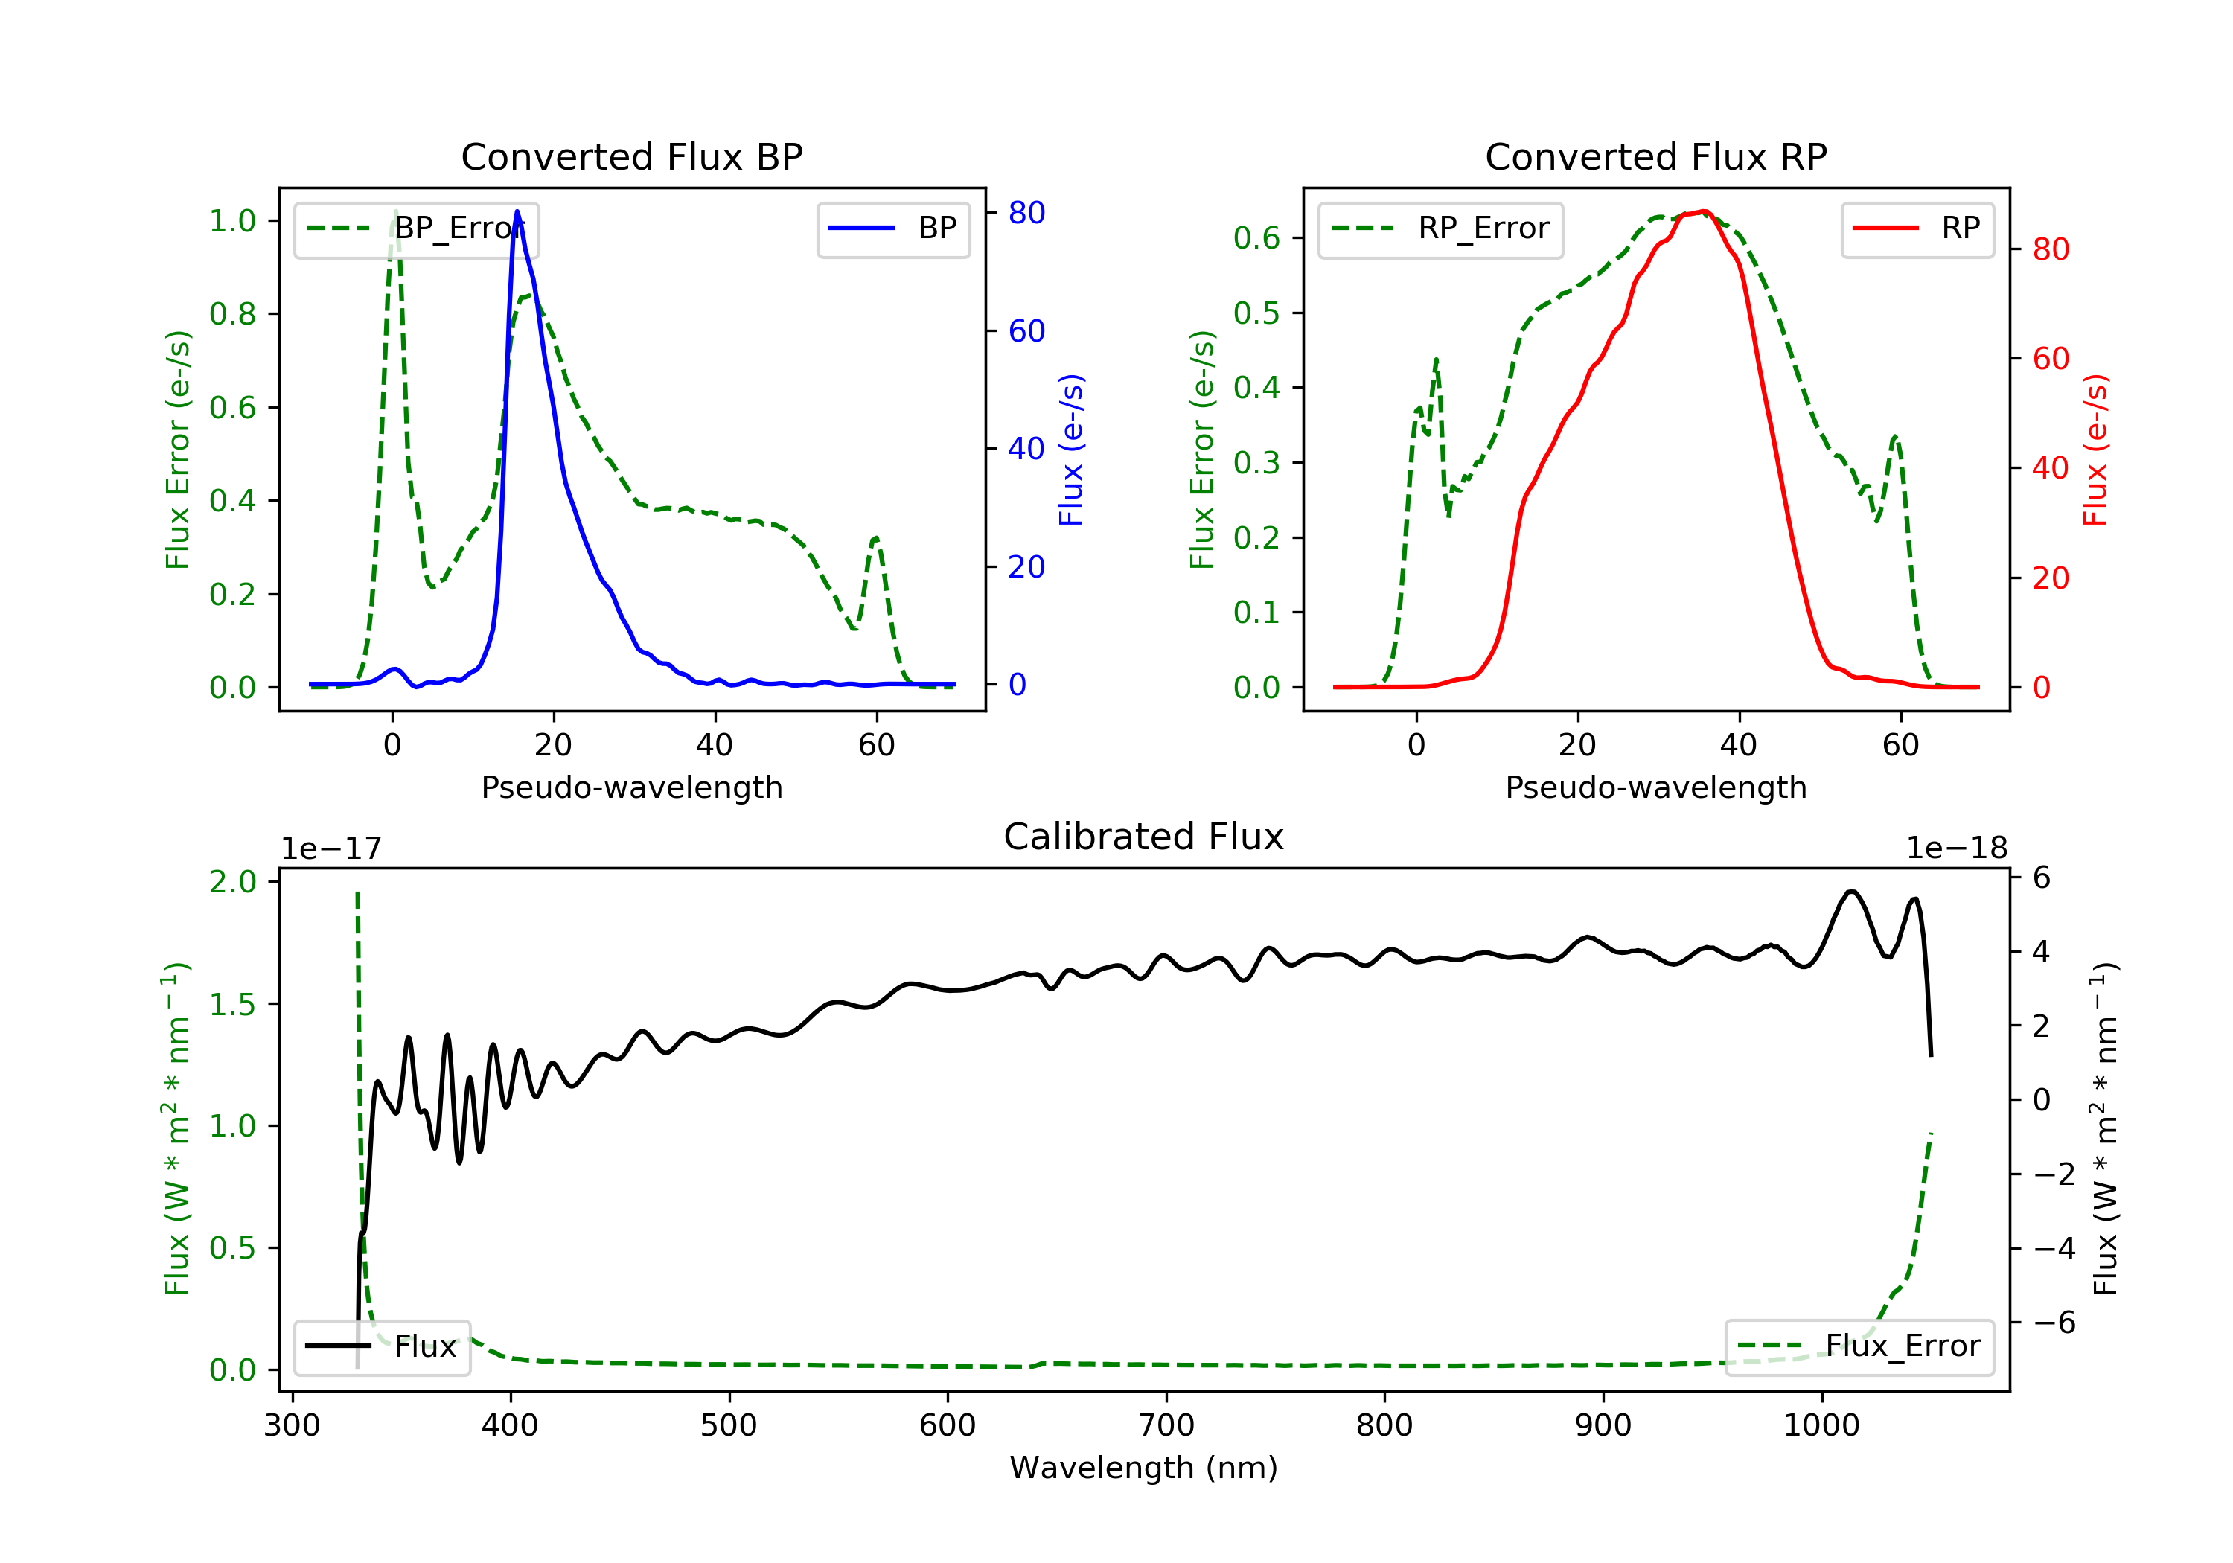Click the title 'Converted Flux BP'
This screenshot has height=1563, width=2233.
click(632, 156)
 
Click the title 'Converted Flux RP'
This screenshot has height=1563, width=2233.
click(1656, 156)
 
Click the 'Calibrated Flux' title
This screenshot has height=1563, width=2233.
click(1144, 837)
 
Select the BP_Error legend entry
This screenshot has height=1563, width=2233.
click(416, 229)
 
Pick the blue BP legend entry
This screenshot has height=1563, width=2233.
click(892, 229)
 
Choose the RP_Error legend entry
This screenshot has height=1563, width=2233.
click(1440, 229)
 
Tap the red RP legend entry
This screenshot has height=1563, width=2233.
click(1917, 229)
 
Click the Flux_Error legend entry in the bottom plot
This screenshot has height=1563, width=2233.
click(1859, 1347)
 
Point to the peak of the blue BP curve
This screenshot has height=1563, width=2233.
click(517, 211)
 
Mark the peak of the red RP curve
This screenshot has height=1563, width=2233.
click(1704, 212)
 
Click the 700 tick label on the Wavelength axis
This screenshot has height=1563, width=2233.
click(1166, 1426)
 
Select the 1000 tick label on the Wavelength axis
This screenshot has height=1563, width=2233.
click(1821, 1426)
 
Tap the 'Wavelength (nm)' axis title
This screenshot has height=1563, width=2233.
click(1144, 1468)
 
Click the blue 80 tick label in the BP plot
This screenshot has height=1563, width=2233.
click(1027, 213)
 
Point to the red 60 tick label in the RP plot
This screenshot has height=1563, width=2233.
click(2051, 359)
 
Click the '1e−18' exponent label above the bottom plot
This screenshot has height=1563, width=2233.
click(1957, 848)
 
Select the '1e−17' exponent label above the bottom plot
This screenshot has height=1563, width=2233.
click(332, 848)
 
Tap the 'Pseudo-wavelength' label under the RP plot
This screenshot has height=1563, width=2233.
click(1656, 787)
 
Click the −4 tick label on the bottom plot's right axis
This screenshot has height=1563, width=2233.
click(2055, 1249)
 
